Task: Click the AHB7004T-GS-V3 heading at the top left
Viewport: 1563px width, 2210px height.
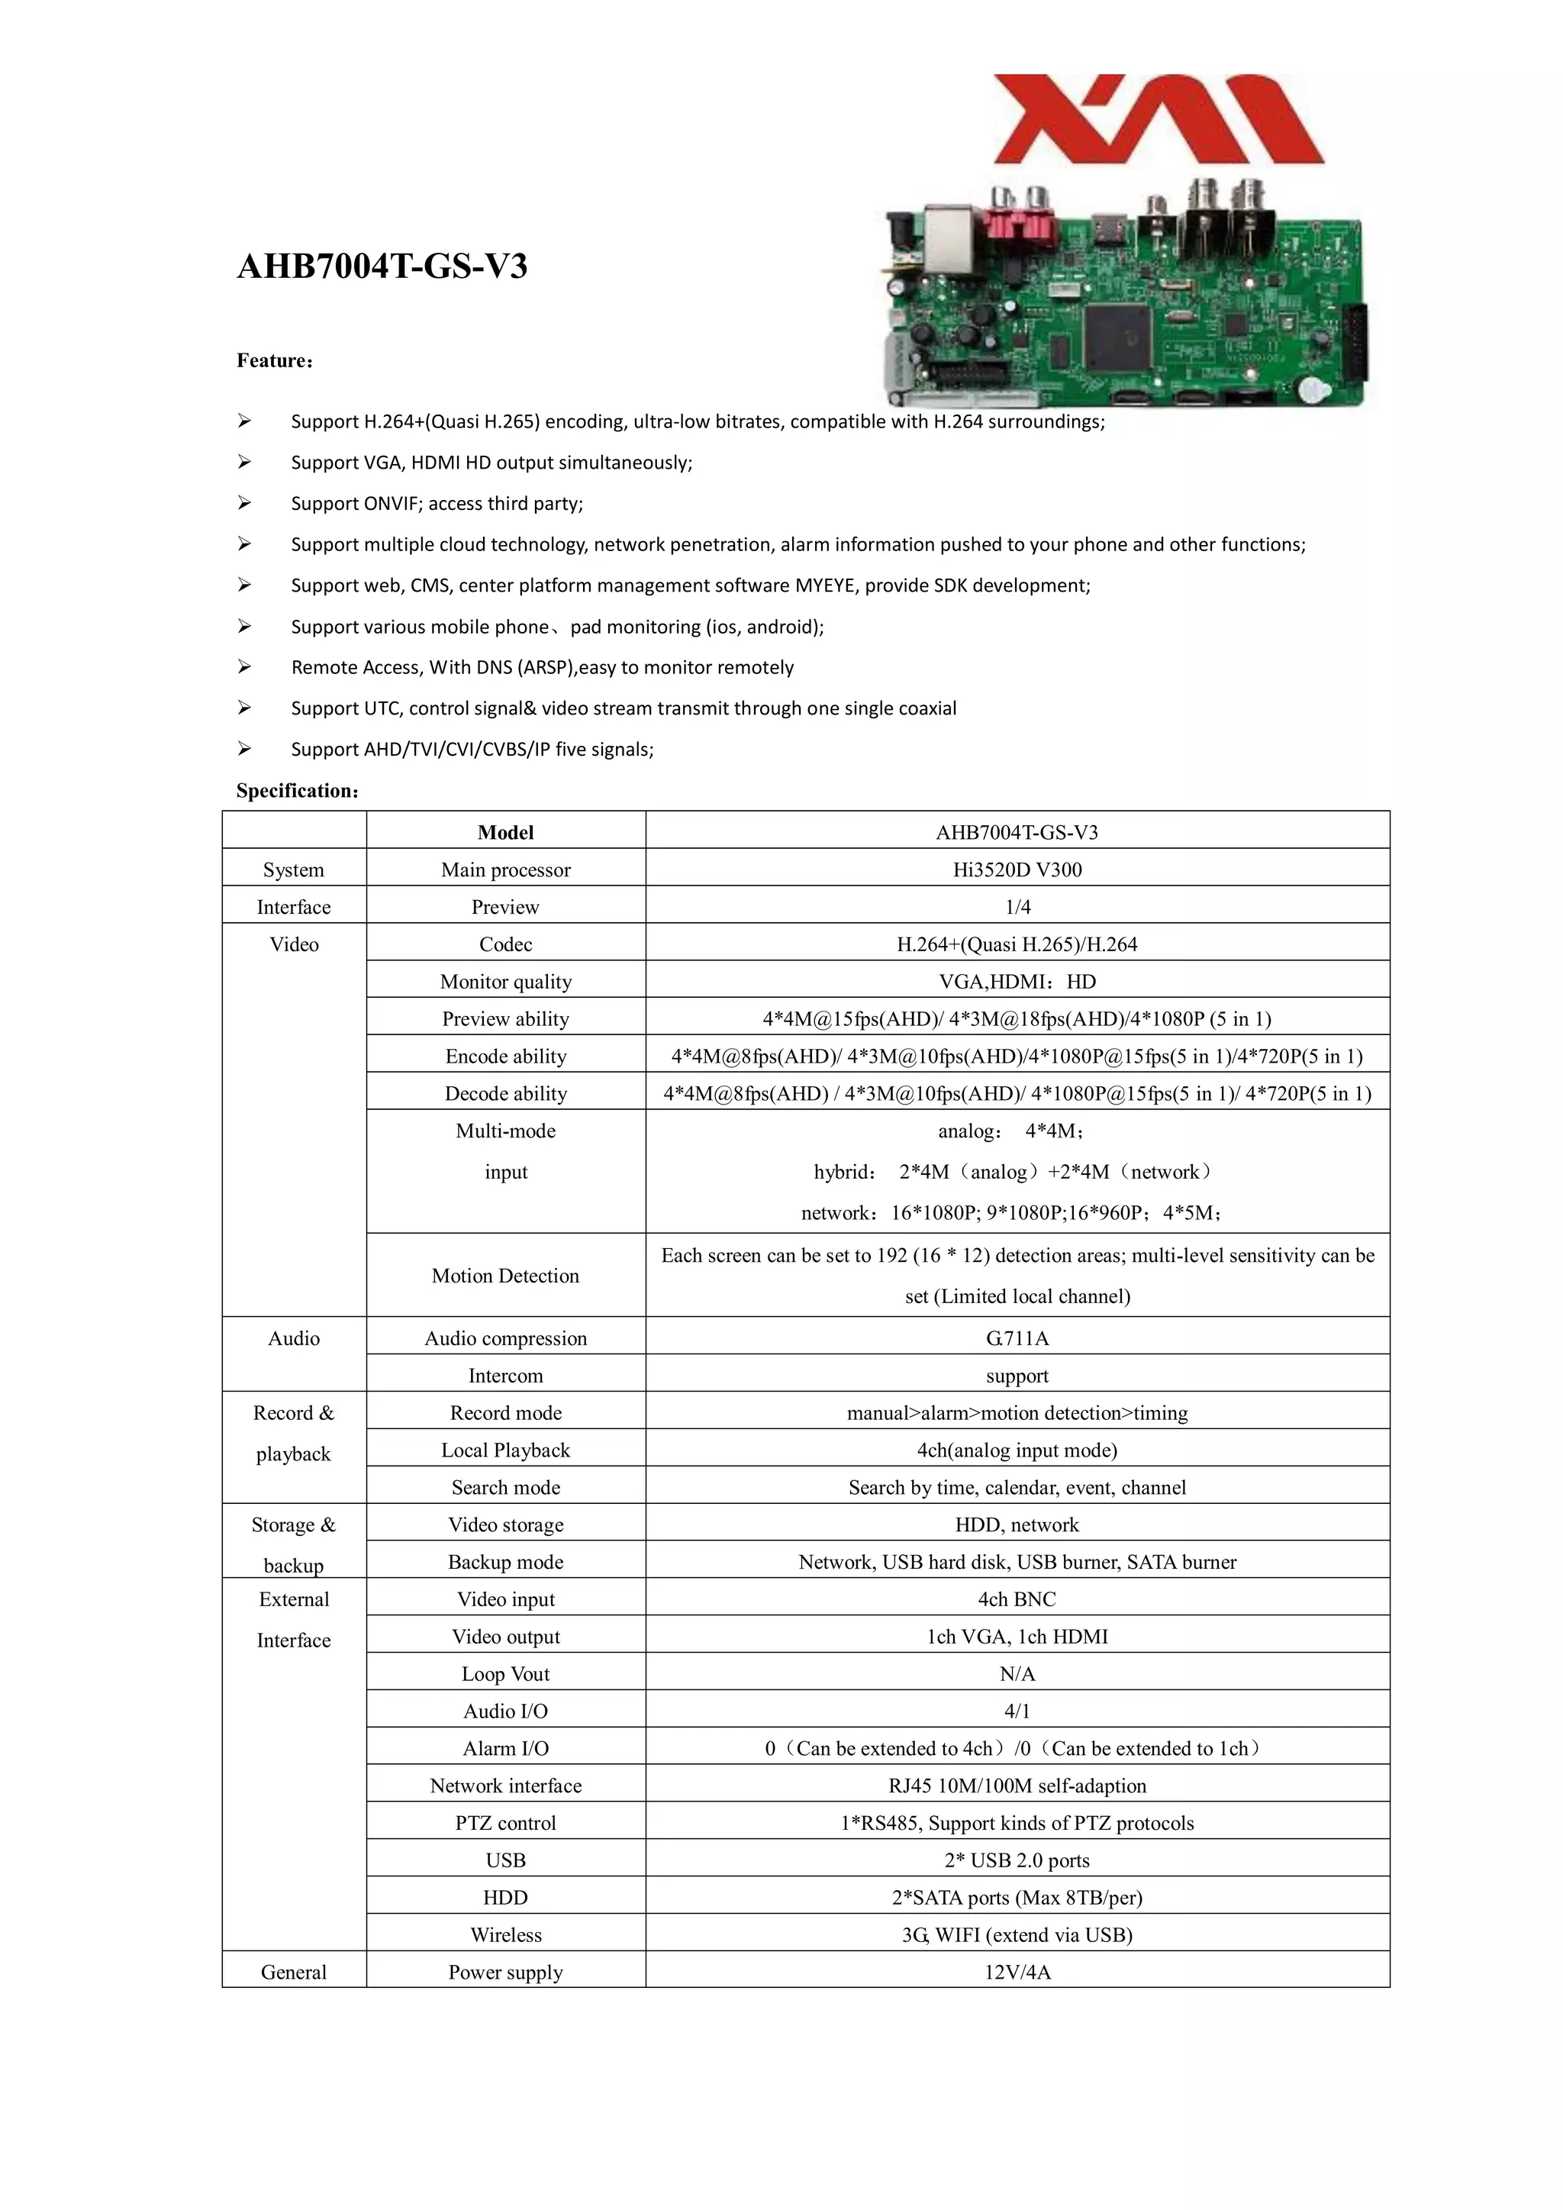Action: click(x=382, y=266)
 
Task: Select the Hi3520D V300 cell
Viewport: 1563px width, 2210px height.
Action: click(x=1017, y=869)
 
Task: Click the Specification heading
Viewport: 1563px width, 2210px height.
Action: click(x=298, y=790)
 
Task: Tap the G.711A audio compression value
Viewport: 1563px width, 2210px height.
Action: click(x=1017, y=1338)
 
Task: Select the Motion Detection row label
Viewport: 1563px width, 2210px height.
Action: click(x=505, y=1276)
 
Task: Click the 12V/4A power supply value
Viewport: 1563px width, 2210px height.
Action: click(x=1017, y=1973)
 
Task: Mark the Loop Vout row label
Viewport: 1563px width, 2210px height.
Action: click(x=505, y=1674)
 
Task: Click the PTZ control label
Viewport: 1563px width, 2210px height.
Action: click(x=505, y=1823)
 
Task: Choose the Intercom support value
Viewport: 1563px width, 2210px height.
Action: click(x=1017, y=1376)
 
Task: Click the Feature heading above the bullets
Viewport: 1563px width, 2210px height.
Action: click(x=274, y=361)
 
